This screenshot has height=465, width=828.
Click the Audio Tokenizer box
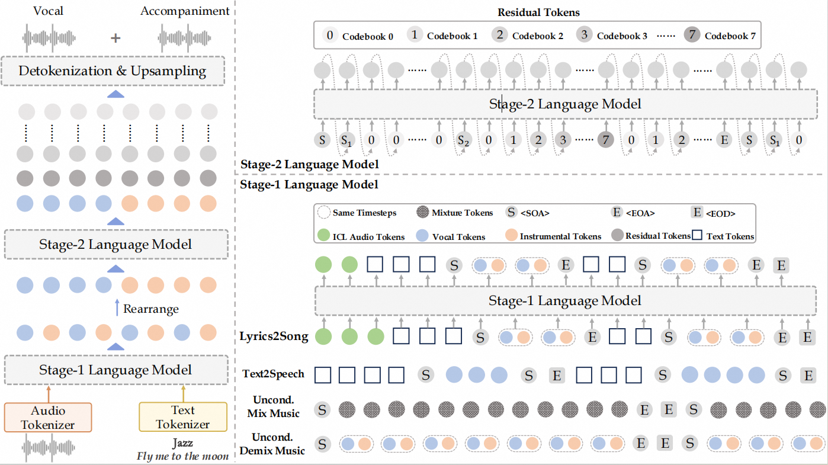(x=48, y=417)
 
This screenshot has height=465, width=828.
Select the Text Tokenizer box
(x=182, y=417)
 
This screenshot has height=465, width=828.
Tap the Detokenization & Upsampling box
(x=113, y=72)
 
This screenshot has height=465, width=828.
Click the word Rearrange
(x=151, y=309)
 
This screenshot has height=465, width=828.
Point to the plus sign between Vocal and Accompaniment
(x=116, y=37)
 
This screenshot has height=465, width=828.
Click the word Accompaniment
(x=185, y=11)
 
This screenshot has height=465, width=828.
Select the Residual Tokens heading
(x=539, y=12)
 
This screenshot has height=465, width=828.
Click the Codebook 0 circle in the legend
(x=330, y=36)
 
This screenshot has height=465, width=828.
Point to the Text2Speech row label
(x=274, y=374)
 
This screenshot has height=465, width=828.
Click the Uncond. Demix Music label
(x=272, y=444)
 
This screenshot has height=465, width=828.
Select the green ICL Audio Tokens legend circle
(x=323, y=236)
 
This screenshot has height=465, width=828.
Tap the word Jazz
(x=182, y=443)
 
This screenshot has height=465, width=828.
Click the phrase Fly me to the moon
(x=182, y=456)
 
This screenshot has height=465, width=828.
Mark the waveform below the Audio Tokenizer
(x=47, y=448)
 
